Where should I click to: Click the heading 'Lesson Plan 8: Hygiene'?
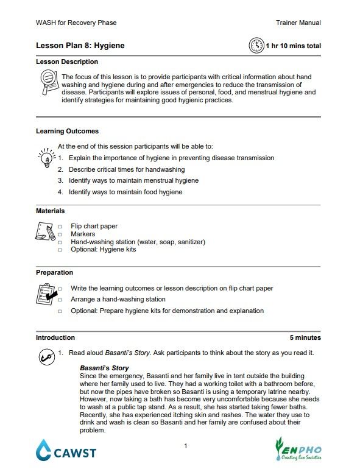[x=80, y=46]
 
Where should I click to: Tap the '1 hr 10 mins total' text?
[x=294, y=46]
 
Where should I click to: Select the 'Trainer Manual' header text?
[x=298, y=23]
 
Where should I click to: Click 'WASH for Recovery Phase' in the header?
[x=76, y=23]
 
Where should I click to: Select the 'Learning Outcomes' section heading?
[x=67, y=131]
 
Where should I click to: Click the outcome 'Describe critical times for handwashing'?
[x=127, y=169]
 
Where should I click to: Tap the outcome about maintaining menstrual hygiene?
[x=133, y=181]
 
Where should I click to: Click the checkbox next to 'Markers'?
[x=60, y=234]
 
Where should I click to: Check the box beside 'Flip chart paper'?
[x=60, y=227]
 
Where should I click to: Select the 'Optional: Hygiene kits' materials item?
[x=104, y=250]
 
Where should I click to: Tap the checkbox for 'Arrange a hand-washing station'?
[x=60, y=300]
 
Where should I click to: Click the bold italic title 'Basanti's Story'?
[x=104, y=368]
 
